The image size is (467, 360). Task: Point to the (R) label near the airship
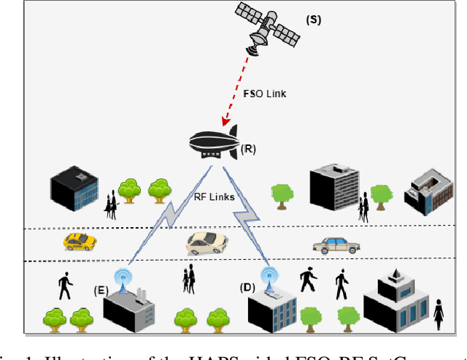[x=248, y=150]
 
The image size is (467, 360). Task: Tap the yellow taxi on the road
[x=79, y=242]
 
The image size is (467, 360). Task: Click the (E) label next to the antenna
[x=101, y=290]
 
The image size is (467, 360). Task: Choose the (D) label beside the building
[x=247, y=287]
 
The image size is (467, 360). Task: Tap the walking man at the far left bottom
[x=65, y=286]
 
